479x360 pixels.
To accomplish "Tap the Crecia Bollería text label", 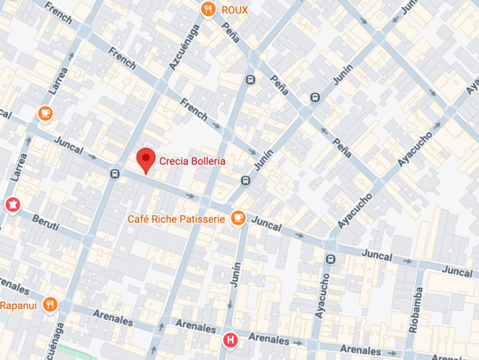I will click(x=192, y=161).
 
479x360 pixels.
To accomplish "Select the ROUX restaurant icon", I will click(x=208, y=9).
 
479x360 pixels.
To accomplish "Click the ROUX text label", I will click(x=235, y=10).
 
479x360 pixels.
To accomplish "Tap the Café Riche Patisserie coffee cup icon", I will click(x=238, y=218).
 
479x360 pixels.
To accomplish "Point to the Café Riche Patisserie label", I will click(x=176, y=219).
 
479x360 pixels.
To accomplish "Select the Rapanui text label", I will click(x=18, y=306).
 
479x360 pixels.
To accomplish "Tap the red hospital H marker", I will click(x=231, y=340).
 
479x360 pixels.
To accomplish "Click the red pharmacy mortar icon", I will click(x=12, y=205).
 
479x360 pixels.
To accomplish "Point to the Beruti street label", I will click(x=45, y=223).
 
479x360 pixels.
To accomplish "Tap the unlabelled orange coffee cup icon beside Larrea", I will click(x=45, y=113).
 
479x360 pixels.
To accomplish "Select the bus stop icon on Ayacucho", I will click(x=331, y=259).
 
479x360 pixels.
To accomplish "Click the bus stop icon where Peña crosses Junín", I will click(x=314, y=97).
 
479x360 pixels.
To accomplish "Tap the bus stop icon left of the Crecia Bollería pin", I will click(x=115, y=173).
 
